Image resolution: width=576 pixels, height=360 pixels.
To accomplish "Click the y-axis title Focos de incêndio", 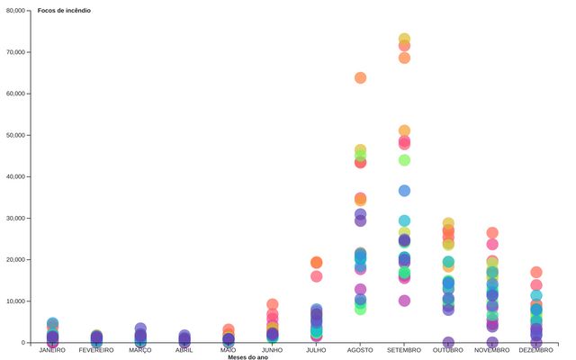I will click(x=64, y=10).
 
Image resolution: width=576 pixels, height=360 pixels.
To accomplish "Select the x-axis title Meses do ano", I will click(x=247, y=356).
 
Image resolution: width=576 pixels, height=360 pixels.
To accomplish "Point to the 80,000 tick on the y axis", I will click(x=14, y=10).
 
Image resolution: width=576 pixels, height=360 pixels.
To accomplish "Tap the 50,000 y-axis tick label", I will click(x=14, y=135).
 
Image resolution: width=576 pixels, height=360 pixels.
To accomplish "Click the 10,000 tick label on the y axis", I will click(x=14, y=301).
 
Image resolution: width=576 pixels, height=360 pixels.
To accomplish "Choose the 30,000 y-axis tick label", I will click(x=14, y=218).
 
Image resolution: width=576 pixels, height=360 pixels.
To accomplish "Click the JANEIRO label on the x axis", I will click(x=53, y=349).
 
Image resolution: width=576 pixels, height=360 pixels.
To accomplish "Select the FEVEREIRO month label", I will click(x=96, y=349).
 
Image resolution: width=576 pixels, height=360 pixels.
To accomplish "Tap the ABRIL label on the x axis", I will click(x=184, y=349).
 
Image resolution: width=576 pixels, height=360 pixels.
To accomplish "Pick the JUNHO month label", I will click(x=273, y=349).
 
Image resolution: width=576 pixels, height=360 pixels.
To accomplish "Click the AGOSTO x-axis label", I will click(x=360, y=349).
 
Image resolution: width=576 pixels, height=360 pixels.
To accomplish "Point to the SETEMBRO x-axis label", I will click(x=404, y=349).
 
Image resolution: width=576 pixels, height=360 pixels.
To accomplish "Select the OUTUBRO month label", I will click(x=448, y=349).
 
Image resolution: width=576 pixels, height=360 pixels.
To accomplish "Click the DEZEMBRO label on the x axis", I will click(x=536, y=349).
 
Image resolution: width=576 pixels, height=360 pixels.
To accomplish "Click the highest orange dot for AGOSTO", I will click(x=361, y=77).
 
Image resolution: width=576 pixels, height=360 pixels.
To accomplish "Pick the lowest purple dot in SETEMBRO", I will click(x=405, y=301).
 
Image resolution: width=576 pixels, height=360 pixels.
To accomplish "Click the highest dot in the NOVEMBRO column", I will click(x=492, y=233).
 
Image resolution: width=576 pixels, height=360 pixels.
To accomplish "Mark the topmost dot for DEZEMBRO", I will click(x=536, y=272).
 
